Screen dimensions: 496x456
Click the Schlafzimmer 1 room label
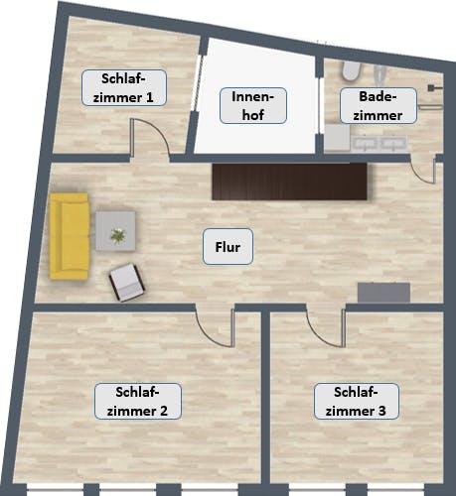point(123,88)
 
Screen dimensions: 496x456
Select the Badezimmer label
point(374,106)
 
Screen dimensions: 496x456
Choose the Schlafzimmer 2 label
point(137,400)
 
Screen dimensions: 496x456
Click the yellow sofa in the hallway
point(70,235)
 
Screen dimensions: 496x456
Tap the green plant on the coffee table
point(118,236)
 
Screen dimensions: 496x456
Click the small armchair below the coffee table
point(127,282)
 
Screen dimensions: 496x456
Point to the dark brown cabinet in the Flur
point(289,183)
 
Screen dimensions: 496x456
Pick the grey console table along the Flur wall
point(383,292)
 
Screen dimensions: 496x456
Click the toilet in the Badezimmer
point(351,70)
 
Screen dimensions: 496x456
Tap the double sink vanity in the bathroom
point(365,144)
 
